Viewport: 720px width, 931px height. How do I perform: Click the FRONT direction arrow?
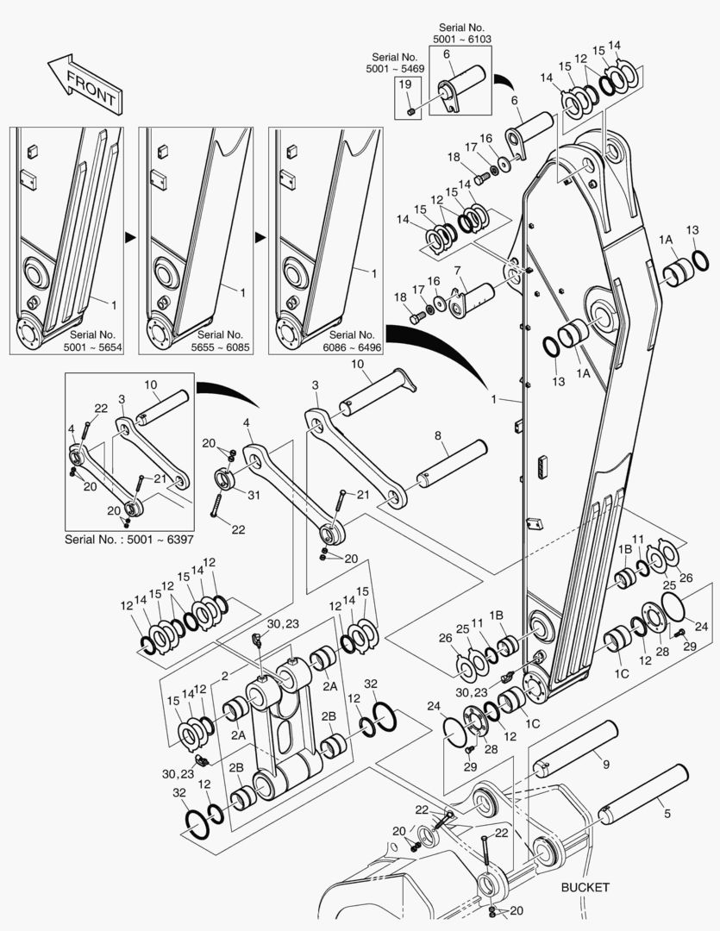point(84,84)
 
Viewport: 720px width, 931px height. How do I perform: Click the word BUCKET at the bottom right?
point(585,887)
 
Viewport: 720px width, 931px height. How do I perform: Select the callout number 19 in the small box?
point(404,84)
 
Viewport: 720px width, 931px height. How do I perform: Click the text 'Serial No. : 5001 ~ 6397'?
point(129,540)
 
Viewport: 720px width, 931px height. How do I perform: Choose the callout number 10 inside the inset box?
point(150,384)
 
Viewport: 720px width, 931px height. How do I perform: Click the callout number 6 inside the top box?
point(447,53)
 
